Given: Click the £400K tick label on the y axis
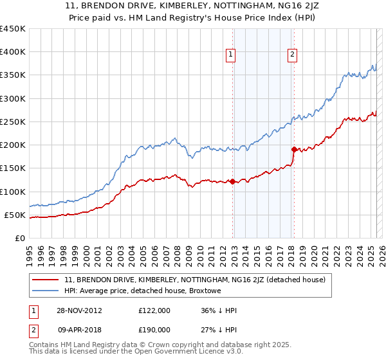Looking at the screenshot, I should (x=13, y=52).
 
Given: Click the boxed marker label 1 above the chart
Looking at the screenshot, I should (x=231, y=55).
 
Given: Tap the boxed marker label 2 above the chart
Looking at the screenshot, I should (x=292, y=55).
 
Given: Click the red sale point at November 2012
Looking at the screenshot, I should (x=232, y=181).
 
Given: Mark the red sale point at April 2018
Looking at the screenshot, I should (x=293, y=150).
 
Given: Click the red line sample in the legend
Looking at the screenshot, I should (x=46, y=280).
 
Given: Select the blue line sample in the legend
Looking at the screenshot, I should (x=46, y=291).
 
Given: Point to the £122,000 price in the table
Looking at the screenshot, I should (x=154, y=310).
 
